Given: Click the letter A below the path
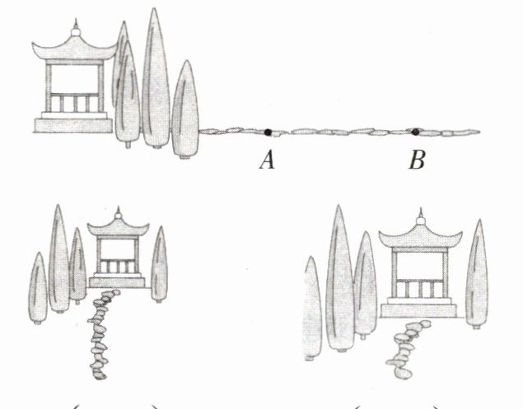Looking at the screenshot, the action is tap(266, 160).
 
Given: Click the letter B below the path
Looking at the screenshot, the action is tap(418, 160).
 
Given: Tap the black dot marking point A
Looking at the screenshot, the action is tap(269, 131).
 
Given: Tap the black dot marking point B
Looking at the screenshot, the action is tap(416, 131).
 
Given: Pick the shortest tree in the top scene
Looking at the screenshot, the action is tap(186, 107).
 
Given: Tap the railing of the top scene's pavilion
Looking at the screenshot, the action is tap(73, 105).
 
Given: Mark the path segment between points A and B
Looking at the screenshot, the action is tap(342, 132).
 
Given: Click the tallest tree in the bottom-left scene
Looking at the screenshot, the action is tap(58, 259).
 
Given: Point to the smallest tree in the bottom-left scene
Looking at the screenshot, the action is tap(37, 284).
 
